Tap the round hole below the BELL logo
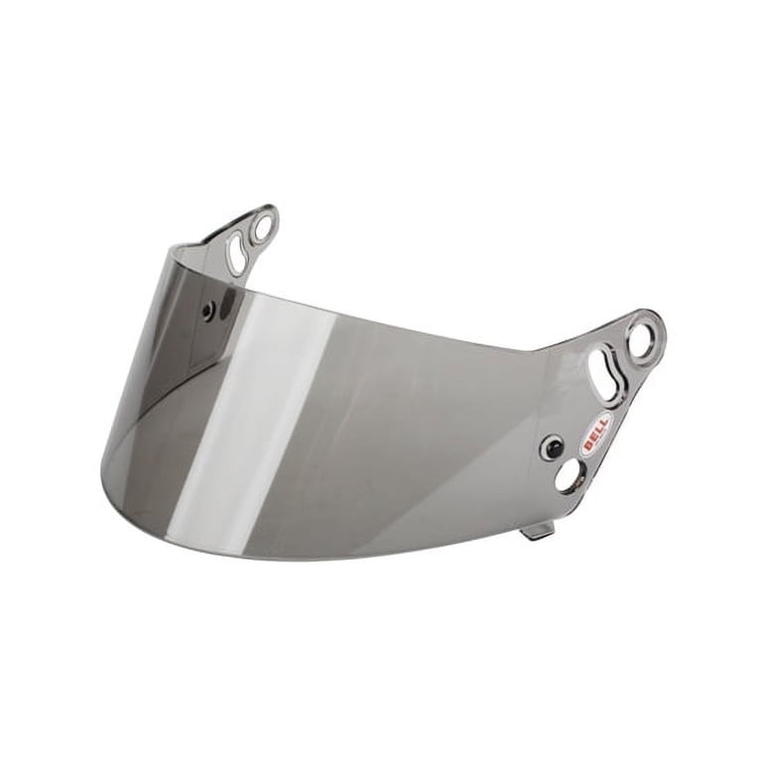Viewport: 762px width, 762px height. coord(569,476)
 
